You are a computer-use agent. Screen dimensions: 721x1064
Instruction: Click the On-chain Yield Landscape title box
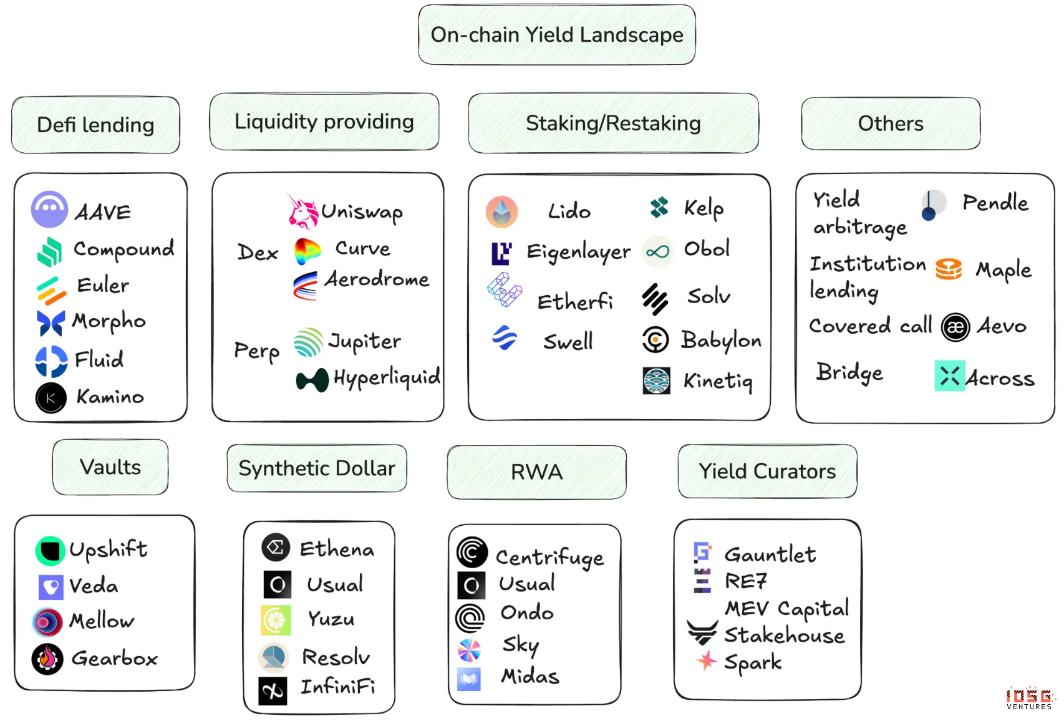click(x=556, y=35)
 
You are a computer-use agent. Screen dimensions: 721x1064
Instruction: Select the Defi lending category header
click(x=95, y=125)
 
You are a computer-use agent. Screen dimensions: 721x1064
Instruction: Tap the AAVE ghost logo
click(x=49, y=209)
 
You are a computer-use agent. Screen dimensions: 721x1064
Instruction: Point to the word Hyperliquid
click(x=387, y=377)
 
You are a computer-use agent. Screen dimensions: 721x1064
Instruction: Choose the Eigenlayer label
click(x=578, y=251)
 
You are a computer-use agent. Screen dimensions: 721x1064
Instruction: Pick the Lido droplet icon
click(x=502, y=211)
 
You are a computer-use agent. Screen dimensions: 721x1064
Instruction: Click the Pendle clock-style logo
click(x=933, y=205)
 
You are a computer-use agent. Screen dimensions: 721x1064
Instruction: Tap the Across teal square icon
click(x=949, y=375)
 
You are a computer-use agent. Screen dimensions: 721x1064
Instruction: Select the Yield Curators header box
click(x=767, y=471)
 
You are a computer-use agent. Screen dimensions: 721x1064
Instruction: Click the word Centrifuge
click(x=549, y=557)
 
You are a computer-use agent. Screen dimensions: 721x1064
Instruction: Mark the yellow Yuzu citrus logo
click(x=276, y=620)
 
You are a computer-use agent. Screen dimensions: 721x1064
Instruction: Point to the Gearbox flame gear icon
click(x=47, y=659)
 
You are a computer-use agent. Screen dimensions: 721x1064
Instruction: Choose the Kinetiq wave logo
click(x=656, y=380)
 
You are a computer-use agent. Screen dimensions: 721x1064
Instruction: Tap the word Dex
click(x=258, y=253)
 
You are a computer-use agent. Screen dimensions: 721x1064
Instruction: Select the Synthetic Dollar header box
click(x=317, y=468)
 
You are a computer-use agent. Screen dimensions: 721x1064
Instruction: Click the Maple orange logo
click(x=949, y=269)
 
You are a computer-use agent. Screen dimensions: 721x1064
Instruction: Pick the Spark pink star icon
click(x=706, y=661)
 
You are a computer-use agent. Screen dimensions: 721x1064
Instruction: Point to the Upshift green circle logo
click(x=50, y=551)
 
